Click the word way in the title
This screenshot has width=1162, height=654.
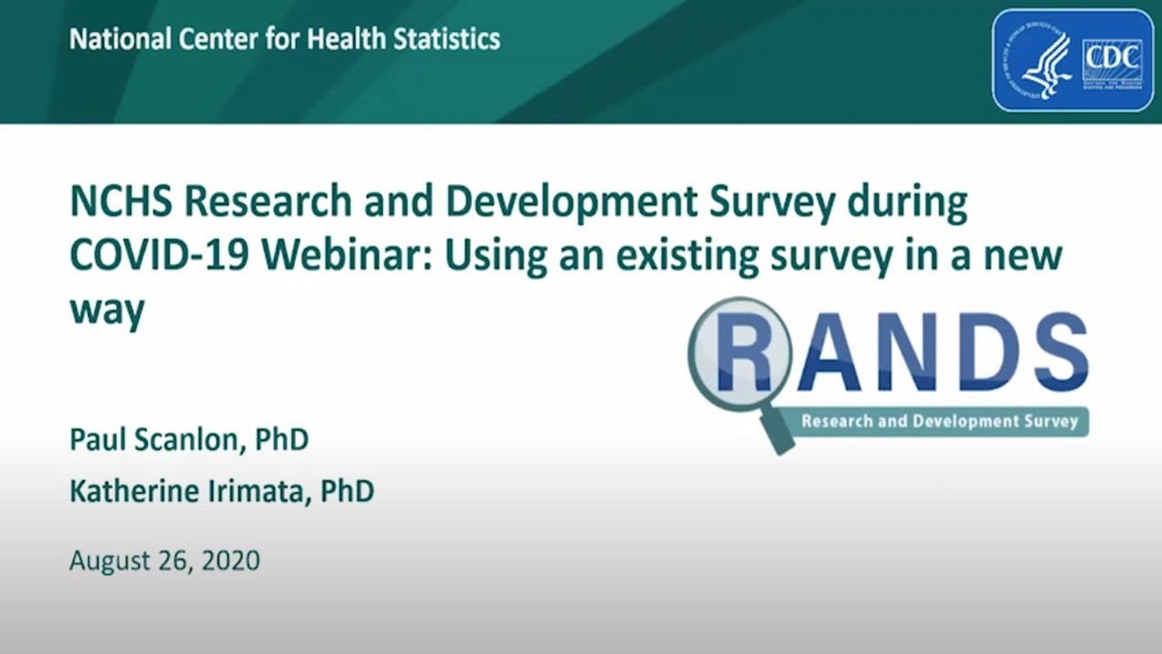coord(107,311)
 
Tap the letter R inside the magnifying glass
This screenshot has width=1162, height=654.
coord(742,352)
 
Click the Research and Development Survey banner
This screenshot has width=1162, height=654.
coord(939,421)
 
